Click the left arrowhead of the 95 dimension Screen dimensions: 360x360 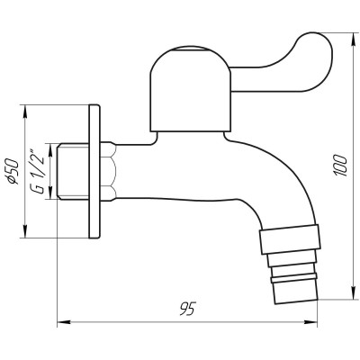(61, 320)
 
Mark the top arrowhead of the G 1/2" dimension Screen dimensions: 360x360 (49, 144)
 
